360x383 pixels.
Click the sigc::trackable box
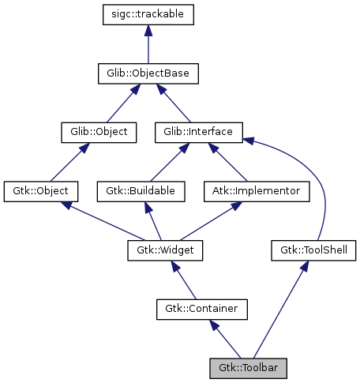[148, 15]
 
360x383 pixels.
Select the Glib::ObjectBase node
[148, 74]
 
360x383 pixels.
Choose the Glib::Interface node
[198, 132]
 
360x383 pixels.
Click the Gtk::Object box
[41, 191]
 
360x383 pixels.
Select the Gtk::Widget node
[166, 250]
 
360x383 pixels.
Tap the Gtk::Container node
[202, 309]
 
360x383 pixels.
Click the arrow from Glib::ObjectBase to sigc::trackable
[148, 45]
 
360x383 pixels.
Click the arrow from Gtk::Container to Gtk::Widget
[183, 280]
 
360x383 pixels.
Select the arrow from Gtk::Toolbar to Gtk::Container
[225, 338]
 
